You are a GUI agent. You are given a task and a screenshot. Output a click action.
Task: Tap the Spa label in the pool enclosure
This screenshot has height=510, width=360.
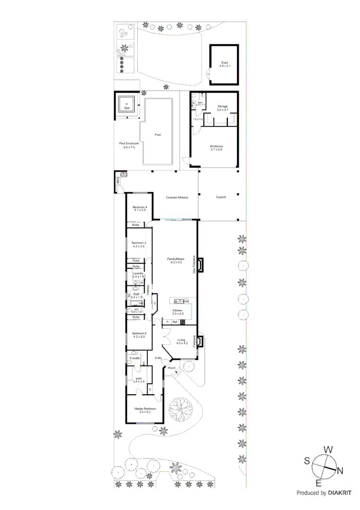(126, 108)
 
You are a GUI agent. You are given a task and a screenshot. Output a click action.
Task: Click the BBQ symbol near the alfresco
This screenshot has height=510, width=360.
(118, 180)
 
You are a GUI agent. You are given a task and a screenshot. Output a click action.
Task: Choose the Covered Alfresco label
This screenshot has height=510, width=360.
(177, 197)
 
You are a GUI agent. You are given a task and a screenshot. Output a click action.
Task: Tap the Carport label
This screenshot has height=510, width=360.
(221, 197)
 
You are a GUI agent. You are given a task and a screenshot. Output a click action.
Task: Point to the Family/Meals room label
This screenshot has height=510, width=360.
(176, 260)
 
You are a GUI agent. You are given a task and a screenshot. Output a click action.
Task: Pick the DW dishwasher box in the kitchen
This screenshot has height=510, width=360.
(186, 301)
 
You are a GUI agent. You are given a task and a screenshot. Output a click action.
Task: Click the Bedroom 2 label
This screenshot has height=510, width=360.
(139, 335)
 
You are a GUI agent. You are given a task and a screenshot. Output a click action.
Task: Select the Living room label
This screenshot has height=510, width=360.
(182, 341)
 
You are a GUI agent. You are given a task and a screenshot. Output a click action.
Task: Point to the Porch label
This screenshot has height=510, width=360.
(172, 368)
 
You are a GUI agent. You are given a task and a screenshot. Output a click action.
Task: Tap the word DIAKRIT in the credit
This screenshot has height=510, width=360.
(339, 493)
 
